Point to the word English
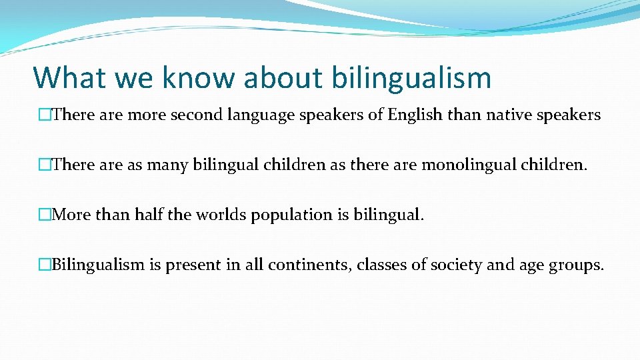[x=415, y=115]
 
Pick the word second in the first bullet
[x=198, y=115]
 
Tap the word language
[x=267, y=115]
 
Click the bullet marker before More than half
[x=45, y=215]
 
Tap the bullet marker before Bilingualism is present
[x=45, y=265]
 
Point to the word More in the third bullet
[x=71, y=215]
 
